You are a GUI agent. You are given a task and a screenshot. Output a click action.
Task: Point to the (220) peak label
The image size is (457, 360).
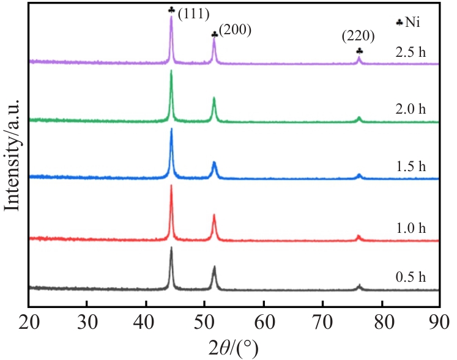click(359, 36)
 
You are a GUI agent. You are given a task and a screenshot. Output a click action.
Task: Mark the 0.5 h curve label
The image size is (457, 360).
click(410, 276)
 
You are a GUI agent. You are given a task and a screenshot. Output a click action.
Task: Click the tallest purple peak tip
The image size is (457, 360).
click(171, 17)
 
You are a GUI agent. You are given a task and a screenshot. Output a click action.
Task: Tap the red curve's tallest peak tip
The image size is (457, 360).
click(171, 186)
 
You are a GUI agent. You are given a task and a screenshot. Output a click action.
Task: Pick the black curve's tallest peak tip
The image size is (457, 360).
click(171, 248)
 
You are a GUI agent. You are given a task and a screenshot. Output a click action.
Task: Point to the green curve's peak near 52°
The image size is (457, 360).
click(214, 98)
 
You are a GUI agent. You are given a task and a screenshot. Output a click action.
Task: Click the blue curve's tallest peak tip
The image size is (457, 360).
click(171, 129)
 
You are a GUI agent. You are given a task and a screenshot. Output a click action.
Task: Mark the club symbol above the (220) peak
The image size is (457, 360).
click(359, 51)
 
